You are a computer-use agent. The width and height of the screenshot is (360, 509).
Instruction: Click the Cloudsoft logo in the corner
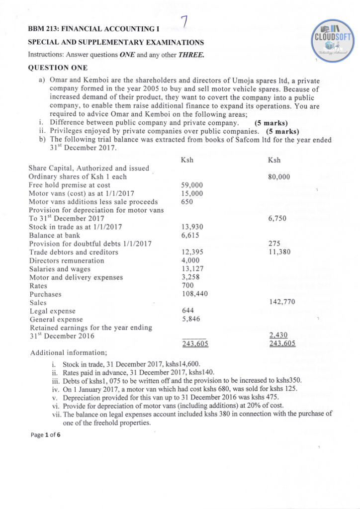pyautogui.click(x=332, y=40)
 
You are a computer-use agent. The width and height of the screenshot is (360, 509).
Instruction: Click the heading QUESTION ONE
pyautogui.click(x=58, y=68)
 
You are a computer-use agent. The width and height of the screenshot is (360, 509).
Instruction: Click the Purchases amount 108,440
pyautogui.click(x=194, y=294)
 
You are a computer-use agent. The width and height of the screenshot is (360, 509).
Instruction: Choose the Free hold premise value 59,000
pyautogui.click(x=192, y=185)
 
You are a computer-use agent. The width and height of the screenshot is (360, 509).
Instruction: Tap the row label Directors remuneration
pyautogui.click(x=67, y=260)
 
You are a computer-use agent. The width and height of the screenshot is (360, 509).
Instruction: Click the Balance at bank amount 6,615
pyautogui.click(x=190, y=235)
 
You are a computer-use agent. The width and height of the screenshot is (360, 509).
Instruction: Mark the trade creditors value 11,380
pyautogui.click(x=279, y=252)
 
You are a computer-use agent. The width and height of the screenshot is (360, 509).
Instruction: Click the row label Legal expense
pyautogui.click(x=53, y=311)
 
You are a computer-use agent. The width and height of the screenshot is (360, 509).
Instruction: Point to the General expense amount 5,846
pyautogui.click(x=190, y=320)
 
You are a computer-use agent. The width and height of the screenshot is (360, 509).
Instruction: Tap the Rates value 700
pyautogui.click(x=188, y=286)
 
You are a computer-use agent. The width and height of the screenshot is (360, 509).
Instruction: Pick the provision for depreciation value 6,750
pyautogui.click(x=276, y=218)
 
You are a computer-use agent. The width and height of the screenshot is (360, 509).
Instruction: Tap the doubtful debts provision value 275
pyautogui.click(x=274, y=244)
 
